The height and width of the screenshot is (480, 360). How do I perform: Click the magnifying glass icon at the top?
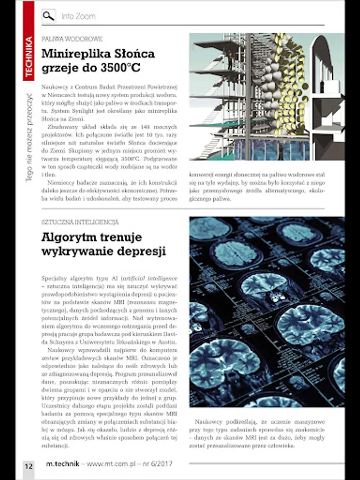(49, 16)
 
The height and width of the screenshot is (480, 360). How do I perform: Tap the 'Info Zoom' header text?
(78, 17)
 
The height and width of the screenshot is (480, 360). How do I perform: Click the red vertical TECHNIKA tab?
(29, 55)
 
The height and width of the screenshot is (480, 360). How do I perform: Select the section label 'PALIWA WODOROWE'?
(71, 39)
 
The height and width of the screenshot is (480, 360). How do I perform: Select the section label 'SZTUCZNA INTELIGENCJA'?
(80, 221)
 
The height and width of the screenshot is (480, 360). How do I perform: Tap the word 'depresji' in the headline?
(143, 251)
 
